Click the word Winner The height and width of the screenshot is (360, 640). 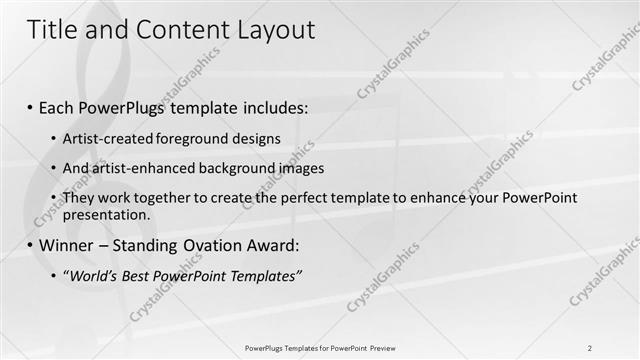[67, 245]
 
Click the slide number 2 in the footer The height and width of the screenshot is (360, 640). [590, 347]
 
